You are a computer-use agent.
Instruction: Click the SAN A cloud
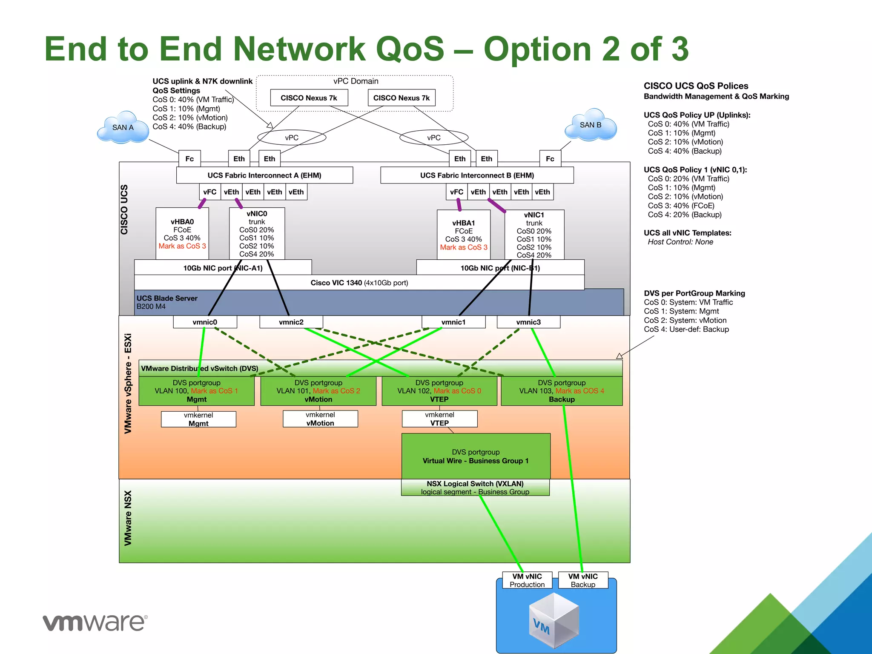123,127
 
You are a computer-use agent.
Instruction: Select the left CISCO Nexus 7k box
309,98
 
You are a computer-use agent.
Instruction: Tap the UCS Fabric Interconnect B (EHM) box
477,175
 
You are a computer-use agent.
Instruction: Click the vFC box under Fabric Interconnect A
210,192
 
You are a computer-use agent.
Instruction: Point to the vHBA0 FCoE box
182,233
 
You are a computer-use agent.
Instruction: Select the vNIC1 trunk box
534,235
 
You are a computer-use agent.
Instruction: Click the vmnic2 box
291,322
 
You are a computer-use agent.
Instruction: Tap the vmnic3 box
528,322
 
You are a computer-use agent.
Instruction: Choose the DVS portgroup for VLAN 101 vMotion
318,391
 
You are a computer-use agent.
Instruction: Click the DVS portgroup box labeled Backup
561,391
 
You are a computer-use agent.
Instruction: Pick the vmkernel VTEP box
439,419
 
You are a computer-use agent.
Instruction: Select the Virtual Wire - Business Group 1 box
476,456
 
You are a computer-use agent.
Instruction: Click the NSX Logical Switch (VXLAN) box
475,488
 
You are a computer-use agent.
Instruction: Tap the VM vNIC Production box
527,580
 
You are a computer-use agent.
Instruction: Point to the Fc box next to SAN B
550,159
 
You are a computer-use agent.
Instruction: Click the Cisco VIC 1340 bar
359,283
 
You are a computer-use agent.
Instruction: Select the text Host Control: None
680,242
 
